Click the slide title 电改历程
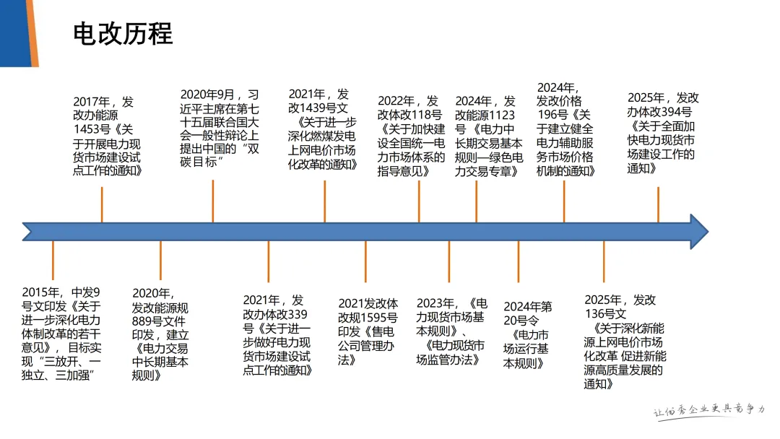coord(123,34)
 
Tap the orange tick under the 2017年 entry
coord(102,204)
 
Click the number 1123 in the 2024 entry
coord(498,115)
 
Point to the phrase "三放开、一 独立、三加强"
coord(62,368)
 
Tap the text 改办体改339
coord(275,314)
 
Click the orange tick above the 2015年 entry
coord(53,261)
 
